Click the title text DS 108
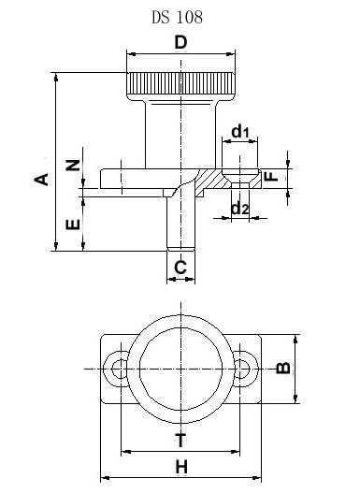coord(177,18)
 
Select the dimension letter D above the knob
coord(180,42)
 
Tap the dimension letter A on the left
coord(41,180)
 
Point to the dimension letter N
coord(73,165)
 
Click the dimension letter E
coord(73,225)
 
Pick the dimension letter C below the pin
coord(180,268)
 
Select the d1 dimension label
coord(240,131)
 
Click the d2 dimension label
coord(240,208)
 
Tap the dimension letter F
coord(271,177)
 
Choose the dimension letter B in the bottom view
coord(283,368)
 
